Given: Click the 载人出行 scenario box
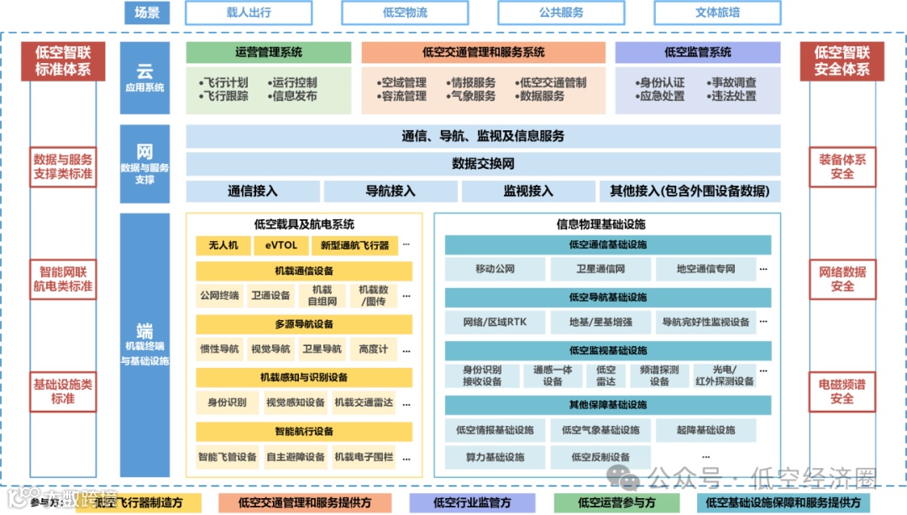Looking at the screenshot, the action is tap(249, 13).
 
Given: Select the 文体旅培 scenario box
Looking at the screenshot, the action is tap(717, 13).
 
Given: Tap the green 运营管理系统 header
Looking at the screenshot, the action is tap(269, 52).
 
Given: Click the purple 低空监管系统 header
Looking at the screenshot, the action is tap(697, 52).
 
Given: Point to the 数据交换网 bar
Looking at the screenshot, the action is tap(483, 163).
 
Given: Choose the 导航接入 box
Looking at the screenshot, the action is tap(391, 191).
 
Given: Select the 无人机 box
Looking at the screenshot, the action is tap(223, 245).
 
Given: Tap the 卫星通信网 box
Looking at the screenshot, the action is tap(600, 269).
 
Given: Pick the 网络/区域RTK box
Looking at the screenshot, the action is tap(495, 322).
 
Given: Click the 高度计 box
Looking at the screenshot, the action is tap(373, 349).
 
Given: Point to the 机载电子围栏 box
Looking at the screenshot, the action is tap(364, 457).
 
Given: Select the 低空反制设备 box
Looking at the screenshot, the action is tap(600, 457).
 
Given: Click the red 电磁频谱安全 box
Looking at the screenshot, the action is tap(841, 392).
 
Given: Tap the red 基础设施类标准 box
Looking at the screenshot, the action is tap(63, 392).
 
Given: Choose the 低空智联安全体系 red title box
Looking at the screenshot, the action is tap(841, 61).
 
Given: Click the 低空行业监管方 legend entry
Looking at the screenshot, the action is tap(472, 502).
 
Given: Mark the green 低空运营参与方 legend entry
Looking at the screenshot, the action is tap(616, 502).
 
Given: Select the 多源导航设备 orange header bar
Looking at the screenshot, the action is tap(304, 324).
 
